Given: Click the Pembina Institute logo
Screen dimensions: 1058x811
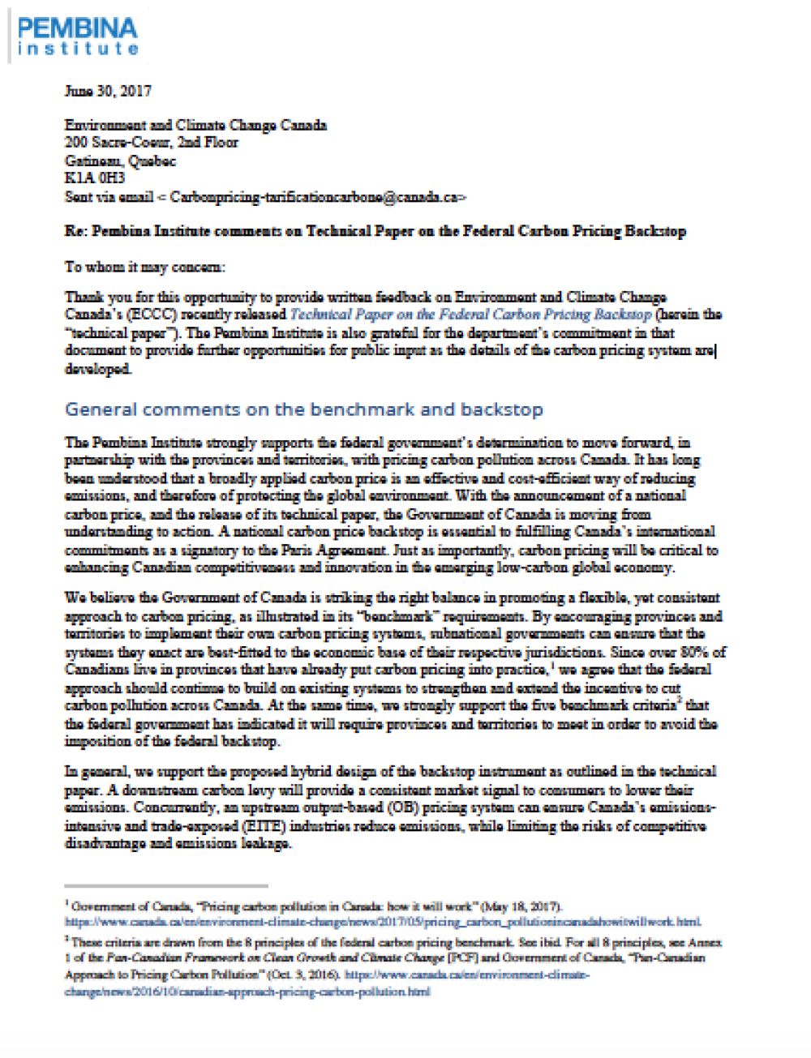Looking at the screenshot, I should [x=78, y=36].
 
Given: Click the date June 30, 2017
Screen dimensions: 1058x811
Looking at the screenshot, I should [x=108, y=91].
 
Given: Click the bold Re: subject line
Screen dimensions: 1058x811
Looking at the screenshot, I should [x=375, y=231].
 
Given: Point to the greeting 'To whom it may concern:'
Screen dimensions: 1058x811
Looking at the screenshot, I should [x=144, y=267].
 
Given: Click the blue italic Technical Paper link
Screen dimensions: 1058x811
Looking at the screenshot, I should [x=470, y=315].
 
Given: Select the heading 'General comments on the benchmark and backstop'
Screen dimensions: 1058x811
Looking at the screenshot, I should [x=303, y=409].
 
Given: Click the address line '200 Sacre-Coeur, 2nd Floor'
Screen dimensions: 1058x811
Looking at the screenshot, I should [x=152, y=143].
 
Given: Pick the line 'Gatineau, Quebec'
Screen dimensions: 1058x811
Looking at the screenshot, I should [x=120, y=161].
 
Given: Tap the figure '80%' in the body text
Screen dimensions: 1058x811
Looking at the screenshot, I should [x=697, y=652].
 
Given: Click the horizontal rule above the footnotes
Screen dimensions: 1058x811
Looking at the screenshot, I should [x=166, y=886].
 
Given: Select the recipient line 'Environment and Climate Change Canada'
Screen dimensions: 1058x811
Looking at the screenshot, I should [x=195, y=125].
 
